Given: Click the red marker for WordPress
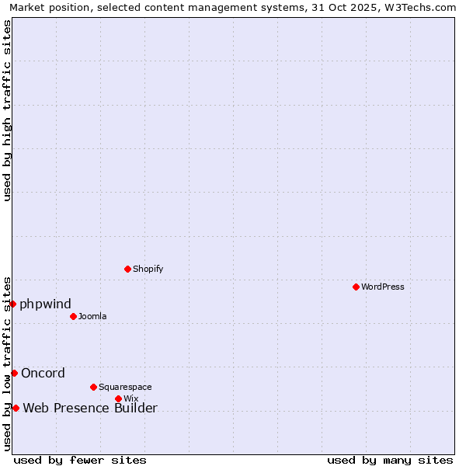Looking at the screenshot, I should coord(356,287).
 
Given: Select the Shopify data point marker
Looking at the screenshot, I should coord(127,269).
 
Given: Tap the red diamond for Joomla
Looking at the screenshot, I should coord(73,316).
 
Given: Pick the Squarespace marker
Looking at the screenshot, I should coord(93,387).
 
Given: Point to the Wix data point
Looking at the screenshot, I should coord(118,398).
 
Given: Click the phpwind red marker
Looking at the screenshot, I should coord(13,304).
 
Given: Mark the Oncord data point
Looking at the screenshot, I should coord(14,373).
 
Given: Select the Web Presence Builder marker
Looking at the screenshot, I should coord(16,408).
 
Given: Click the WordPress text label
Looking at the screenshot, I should coord(383,287).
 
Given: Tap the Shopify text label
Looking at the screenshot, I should coord(148,269).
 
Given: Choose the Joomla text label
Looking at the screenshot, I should coord(92,316).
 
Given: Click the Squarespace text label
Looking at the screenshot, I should coord(125,387).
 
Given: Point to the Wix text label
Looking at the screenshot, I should coord(130,398).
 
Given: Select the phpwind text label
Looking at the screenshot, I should coord(45,304).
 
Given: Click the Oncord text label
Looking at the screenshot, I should coord(43,373).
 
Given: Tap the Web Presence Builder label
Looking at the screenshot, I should coord(90,408).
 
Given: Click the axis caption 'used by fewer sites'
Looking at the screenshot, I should coord(80,460).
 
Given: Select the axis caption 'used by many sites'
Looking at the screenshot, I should coord(390,460).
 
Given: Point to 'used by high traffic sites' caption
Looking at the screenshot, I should coord(7,110).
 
